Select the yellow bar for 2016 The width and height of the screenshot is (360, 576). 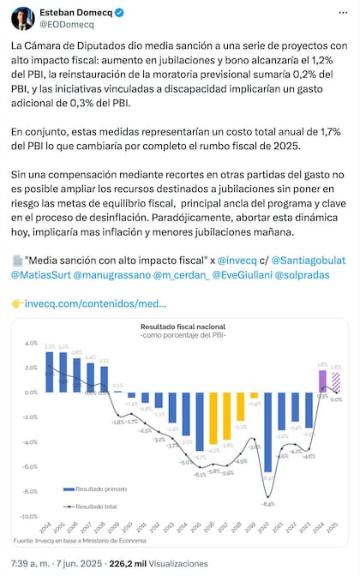point(213,423)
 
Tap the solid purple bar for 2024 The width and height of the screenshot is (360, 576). point(322,381)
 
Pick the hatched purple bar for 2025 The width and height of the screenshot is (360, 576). point(336,383)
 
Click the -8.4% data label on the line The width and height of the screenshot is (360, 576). point(267,505)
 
